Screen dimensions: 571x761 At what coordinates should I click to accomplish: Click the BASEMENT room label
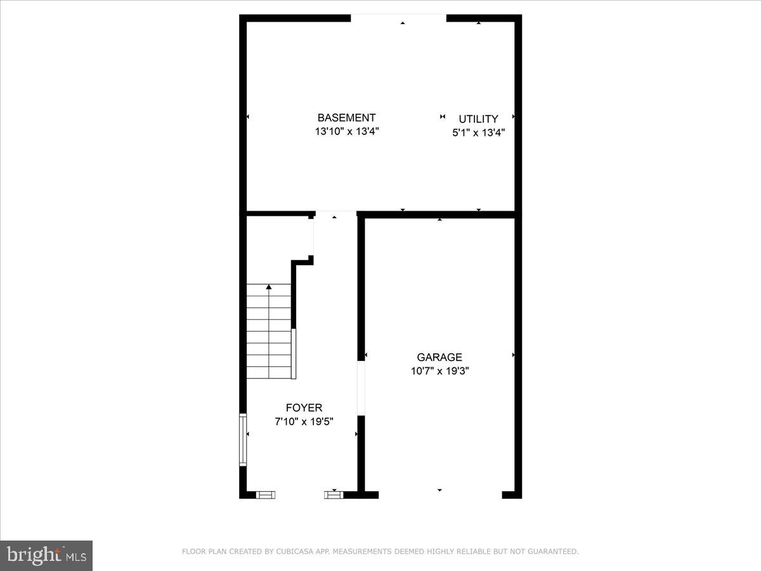click(x=346, y=118)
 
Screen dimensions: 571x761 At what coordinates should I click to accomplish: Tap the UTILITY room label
click(x=478, y=119)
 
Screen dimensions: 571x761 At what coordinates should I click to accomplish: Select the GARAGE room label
click(x=439, y=358)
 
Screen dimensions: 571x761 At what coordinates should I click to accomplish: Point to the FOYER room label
click(x=304, y=408)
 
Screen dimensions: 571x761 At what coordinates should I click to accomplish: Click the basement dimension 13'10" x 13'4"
click(x=346, y=132)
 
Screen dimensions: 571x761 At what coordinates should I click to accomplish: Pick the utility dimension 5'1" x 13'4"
click(x=478, y=133)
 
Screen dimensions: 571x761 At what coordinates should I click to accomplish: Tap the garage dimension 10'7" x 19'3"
click(x=439, y=371)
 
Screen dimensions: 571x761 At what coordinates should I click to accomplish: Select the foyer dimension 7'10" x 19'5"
click(x=304, y=421)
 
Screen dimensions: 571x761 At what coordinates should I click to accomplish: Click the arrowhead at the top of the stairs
click(x=269, y=287)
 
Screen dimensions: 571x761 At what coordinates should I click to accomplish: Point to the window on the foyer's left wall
click(x=242, y=440)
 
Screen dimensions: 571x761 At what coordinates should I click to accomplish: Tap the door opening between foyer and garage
click(x=361, y=388)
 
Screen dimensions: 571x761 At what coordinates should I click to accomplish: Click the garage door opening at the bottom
click(x=439, y=494)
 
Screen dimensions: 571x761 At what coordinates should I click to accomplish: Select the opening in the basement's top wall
click(x=398, y=18)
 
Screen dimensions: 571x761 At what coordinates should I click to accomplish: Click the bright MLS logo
click(x=46, y=555)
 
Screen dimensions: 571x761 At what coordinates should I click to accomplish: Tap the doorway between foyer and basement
click(x=335, y=214)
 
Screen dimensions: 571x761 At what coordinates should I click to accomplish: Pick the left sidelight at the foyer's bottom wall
click(x=266, y=494)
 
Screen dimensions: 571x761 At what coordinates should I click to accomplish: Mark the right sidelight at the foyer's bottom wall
click(x=334, y=494)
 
